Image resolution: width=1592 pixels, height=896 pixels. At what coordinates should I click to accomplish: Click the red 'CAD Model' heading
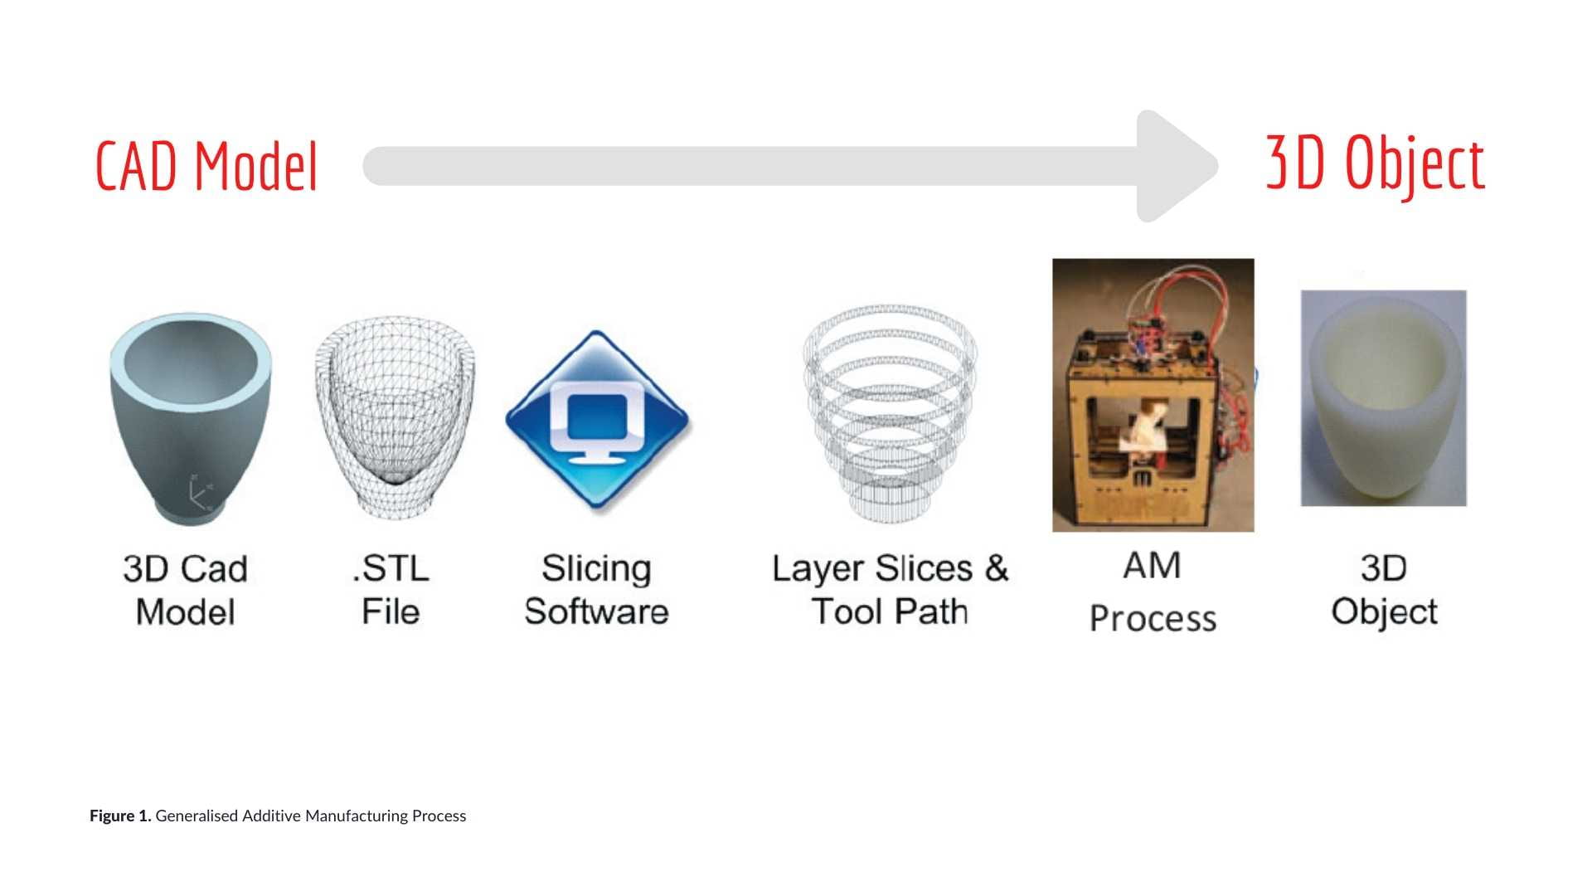(x=206, y=166)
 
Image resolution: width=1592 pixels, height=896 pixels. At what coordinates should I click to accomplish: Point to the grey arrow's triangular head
(x=1173, y=166)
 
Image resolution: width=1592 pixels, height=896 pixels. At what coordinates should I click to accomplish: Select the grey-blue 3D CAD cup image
(x=190, y=419)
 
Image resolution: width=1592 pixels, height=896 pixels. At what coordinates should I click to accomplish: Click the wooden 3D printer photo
(x=1153, y=395)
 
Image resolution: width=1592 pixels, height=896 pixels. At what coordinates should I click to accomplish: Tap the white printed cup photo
(x=1383, y=398)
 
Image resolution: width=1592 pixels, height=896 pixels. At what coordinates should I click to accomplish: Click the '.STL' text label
(x=391, y=569)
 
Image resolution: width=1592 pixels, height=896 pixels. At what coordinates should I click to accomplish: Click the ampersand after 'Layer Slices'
(x=996, y=568)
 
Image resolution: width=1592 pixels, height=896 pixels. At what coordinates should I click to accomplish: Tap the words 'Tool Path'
(x=890, y=611)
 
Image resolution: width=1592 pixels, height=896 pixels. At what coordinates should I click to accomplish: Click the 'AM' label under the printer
(x=1152, y=566)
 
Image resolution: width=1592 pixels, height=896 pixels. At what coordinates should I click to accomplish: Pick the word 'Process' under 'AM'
(x=1153, y=618)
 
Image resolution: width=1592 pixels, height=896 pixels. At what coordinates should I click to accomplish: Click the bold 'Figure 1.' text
(x=120, y=816)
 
